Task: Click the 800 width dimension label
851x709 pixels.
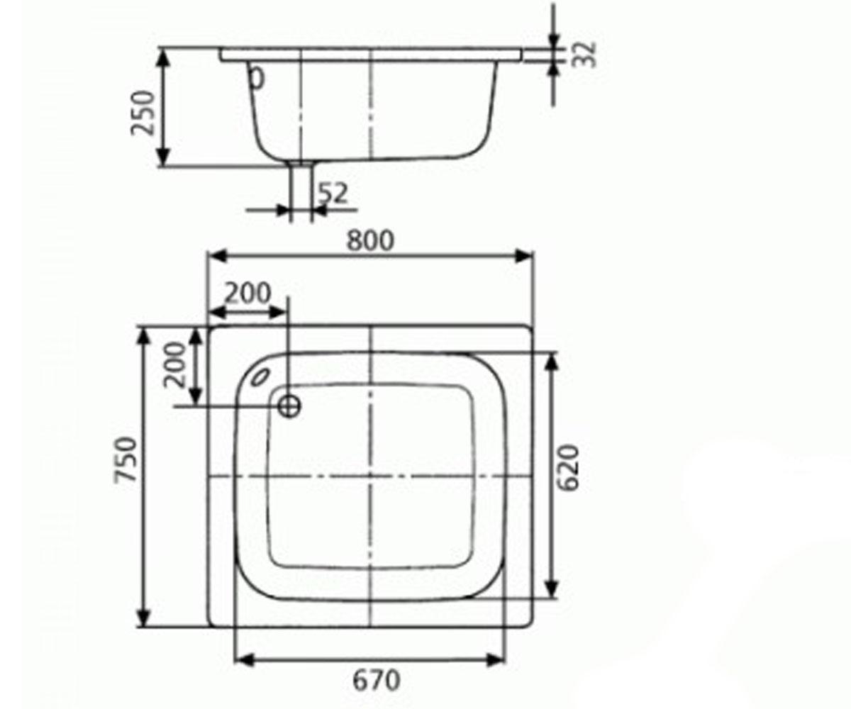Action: [370, 240]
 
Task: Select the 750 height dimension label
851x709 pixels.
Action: [125, 459]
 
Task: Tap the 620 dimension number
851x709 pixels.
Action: [568, 468]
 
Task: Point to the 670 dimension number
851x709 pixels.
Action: [376, 680]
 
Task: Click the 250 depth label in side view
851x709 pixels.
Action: [143, 113]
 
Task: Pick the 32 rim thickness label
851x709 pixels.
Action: [584, 55]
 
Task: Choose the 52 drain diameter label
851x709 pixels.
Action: [333, 193]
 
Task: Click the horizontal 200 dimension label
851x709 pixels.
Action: [247, 293]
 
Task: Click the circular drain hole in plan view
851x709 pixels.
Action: [289, 406]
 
